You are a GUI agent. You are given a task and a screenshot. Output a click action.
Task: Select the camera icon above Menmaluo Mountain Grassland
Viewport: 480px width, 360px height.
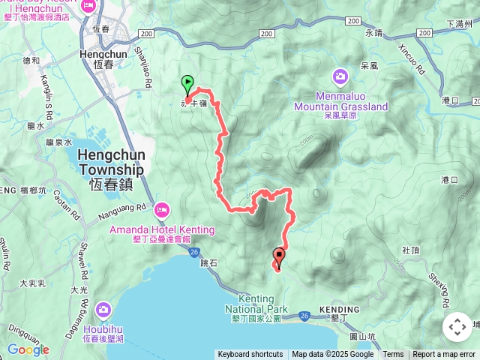click(340, 76)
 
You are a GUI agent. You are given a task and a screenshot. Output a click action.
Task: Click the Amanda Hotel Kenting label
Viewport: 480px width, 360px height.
click(162, 229)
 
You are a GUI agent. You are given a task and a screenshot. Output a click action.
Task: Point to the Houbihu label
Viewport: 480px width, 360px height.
click(103, 329)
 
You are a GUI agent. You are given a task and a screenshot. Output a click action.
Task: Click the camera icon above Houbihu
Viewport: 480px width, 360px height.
click(103, 309)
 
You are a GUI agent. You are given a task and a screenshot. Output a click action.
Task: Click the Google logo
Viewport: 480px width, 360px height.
click(28, 349)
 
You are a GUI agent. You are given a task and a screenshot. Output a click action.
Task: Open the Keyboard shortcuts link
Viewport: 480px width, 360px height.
click(250, 355)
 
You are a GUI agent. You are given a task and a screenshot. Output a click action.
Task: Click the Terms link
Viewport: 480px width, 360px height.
click(393, 355)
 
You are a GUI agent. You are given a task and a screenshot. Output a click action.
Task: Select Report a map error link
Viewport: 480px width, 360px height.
click(444, 355)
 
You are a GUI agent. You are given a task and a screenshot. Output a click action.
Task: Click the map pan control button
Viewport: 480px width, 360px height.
click(457, 327)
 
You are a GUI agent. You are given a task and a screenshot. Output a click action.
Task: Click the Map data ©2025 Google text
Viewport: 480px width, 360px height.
click(332, 355)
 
